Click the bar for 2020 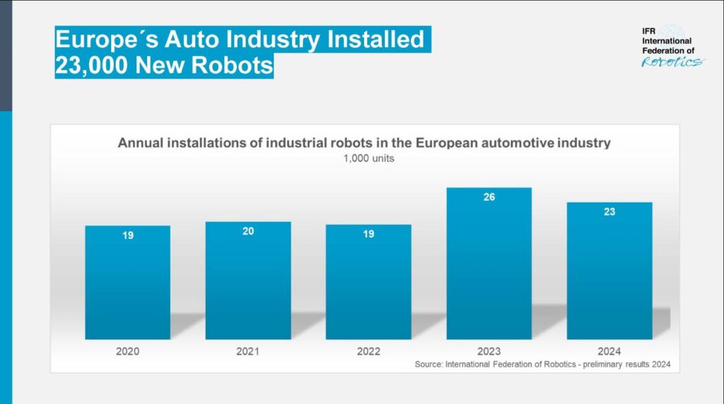127,283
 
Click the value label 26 489,197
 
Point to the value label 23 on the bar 609,212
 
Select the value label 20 248,231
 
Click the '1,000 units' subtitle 368,158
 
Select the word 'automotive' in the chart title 508,143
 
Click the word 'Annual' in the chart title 140,143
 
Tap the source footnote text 542,364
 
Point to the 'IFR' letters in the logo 650,31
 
